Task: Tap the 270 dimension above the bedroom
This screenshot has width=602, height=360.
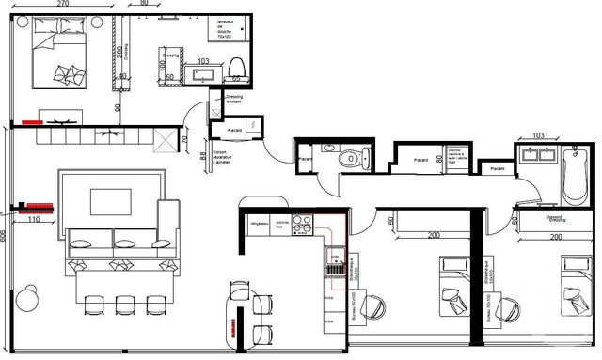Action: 62,4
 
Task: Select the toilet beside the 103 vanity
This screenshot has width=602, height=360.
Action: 236,64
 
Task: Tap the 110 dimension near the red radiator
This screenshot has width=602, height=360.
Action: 34,219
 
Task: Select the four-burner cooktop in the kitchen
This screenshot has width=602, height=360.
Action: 304,225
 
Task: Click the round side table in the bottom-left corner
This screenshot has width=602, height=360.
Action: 25,298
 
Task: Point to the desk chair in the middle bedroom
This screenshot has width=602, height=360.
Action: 373,305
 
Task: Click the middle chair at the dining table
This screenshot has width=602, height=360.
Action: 123,305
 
